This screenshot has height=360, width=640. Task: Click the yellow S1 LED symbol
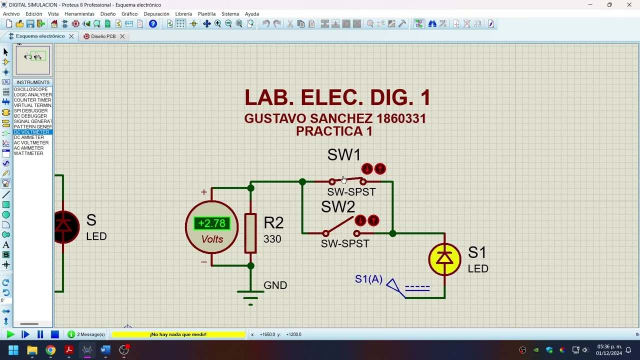(444, 259)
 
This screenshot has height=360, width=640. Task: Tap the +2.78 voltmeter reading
(212, 223)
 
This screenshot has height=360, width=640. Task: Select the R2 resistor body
(250, 233)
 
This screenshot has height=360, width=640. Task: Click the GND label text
(275, 285)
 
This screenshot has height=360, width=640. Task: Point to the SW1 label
(343, 155)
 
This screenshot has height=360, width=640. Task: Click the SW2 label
(337, 207)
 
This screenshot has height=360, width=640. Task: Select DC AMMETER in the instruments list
(29, 137)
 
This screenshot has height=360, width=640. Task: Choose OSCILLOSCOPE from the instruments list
(30, 89)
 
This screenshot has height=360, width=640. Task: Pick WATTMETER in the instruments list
(28, 153)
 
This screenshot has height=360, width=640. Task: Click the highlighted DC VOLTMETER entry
(31, 132)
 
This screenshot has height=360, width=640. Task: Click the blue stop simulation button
(55, 334)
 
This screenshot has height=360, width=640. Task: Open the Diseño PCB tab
(103, 36)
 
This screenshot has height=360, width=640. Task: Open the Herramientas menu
(79, 14)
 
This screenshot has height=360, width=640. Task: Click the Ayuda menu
(251, 14)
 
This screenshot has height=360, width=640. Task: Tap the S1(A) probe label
(368, 279)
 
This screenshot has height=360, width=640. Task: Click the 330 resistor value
(272, 239)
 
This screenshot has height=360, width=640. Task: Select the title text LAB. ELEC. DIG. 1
(337, 97)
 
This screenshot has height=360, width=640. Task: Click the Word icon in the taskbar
(105, 350)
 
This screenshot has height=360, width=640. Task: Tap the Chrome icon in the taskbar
(50, 350)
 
